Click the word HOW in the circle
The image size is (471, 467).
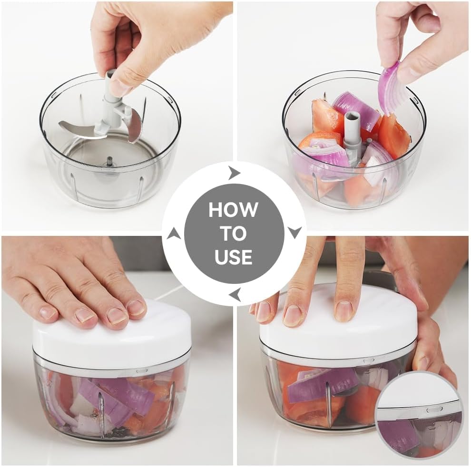click(234, 210)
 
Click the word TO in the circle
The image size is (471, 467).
click(234, 233)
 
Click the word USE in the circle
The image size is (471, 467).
click(234, 257)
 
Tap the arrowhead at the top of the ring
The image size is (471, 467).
click(234, 173)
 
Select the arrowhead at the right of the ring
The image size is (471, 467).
click(294, 232)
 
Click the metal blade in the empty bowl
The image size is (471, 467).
click(76, 127)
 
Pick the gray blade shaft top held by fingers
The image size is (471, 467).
click(111, 83)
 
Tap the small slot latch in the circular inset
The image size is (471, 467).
click(434, 409)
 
